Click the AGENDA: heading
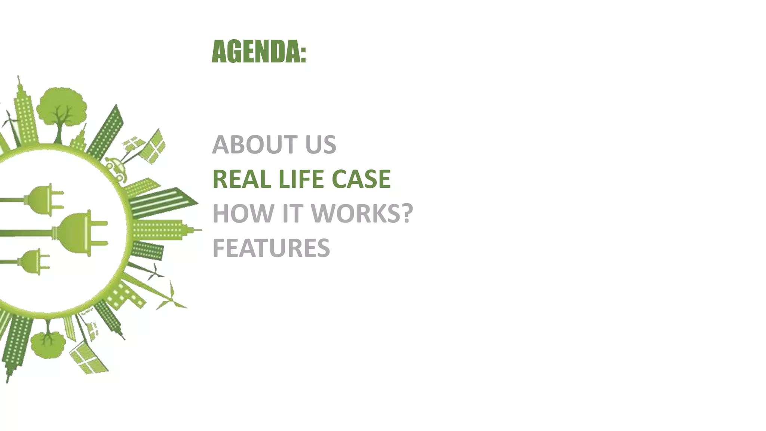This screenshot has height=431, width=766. tap(258, 52)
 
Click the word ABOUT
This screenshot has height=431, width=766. tap(255, 144)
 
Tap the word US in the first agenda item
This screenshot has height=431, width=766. tap(321, 144)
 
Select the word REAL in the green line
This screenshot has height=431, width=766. tap(242, 179)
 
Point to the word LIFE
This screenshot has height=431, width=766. tap(301, 179)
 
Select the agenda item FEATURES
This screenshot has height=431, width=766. tap(271, 248)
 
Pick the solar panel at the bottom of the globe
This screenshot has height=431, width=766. tap(88, 357)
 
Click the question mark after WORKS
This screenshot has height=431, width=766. tap(406, 213)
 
